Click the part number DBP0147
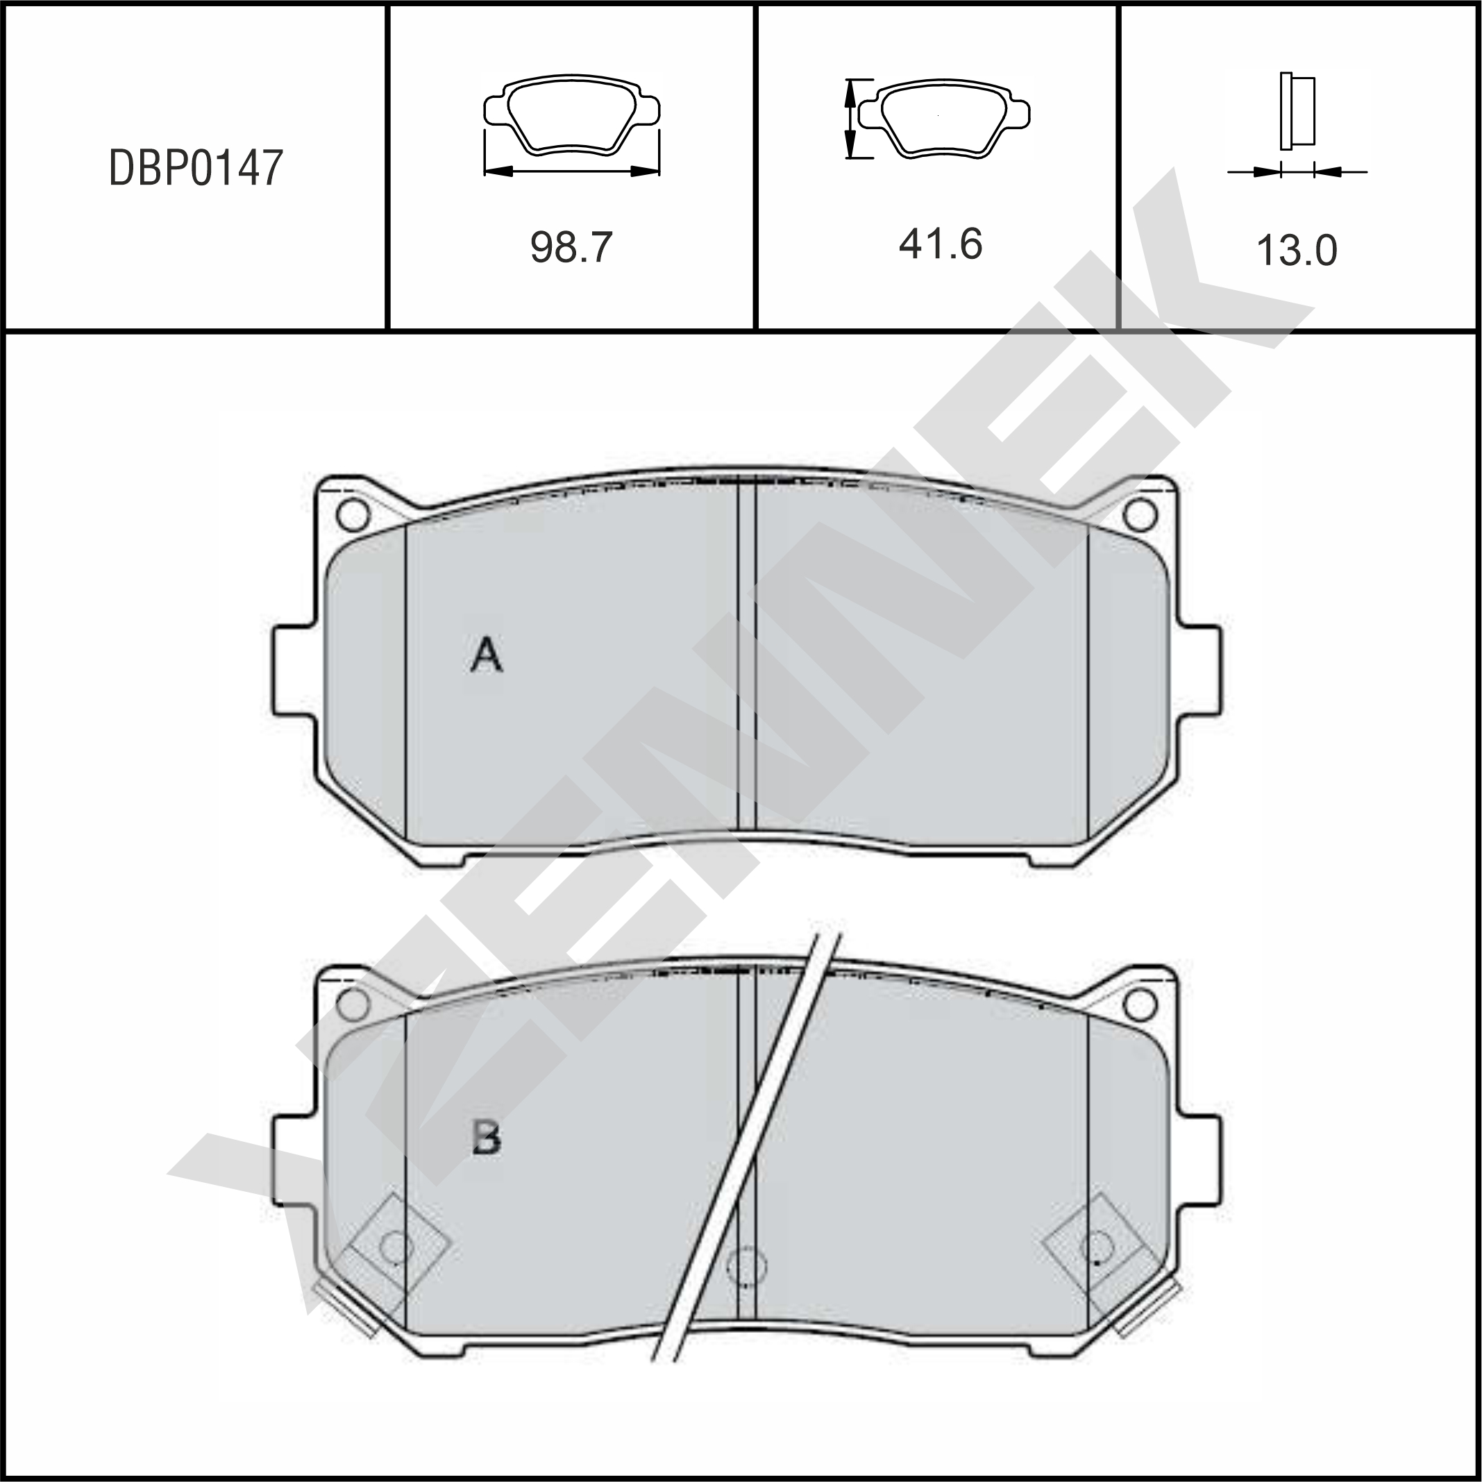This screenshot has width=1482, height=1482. (x=196, y=168)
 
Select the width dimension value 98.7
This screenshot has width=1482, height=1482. (x=571, y=247)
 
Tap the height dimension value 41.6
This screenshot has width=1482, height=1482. (x=941, y=244)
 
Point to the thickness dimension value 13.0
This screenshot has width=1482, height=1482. (x=1297, y=250)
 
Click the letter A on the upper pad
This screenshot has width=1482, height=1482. (x=487, y=655)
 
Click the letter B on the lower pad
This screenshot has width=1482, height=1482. (x=487, y=1138)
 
